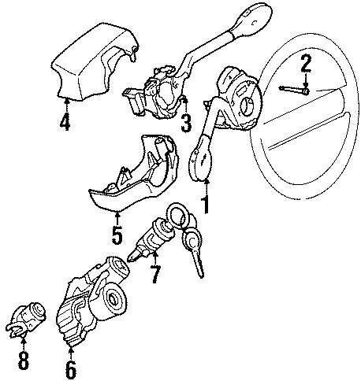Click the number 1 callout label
(207, 206)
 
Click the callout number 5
(117, 235)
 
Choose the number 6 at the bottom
(71, 368)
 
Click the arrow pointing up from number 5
(117, 219)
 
